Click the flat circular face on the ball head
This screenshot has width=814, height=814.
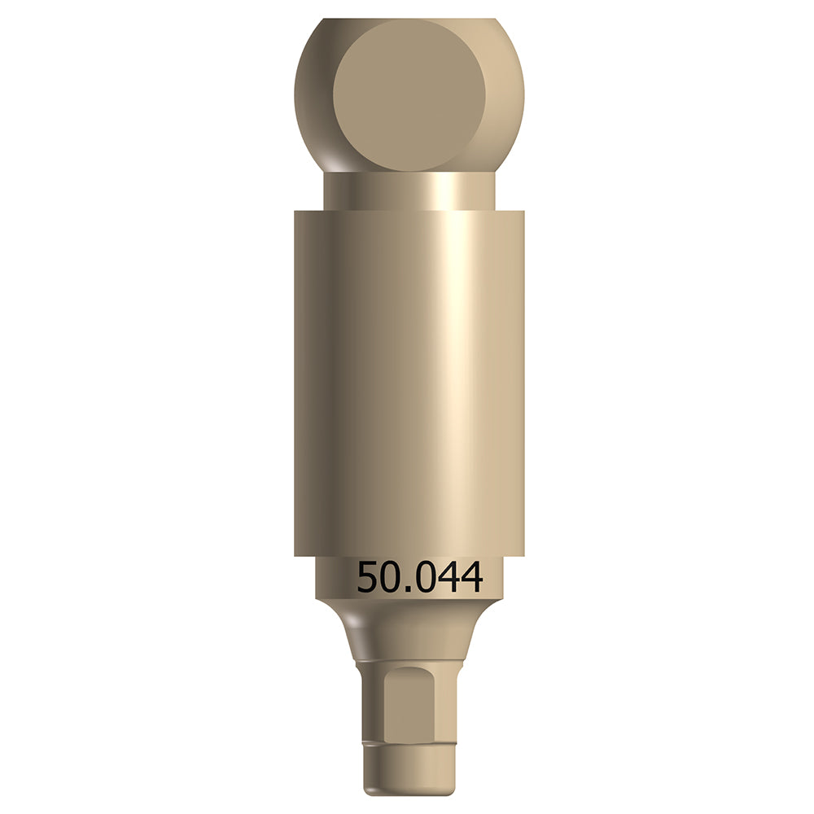point(409,94)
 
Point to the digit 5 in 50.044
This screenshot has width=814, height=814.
point(369,578)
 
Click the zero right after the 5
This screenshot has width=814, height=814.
point(393,578)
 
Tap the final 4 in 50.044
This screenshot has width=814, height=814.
point(471,578)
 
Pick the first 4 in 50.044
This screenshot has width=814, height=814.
point(448,578)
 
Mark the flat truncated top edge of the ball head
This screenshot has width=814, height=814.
point(409,20)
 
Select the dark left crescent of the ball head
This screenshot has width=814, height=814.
point(313,90)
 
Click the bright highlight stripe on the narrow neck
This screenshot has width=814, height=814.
point(444,192)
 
